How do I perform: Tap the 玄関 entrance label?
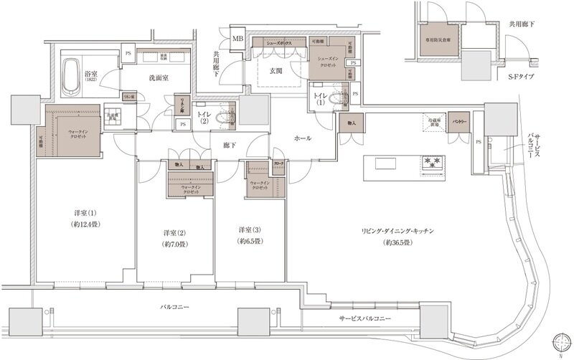pos(278,70)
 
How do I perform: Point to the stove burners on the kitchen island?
pos(433,164)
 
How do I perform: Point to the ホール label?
pos(302,138)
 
